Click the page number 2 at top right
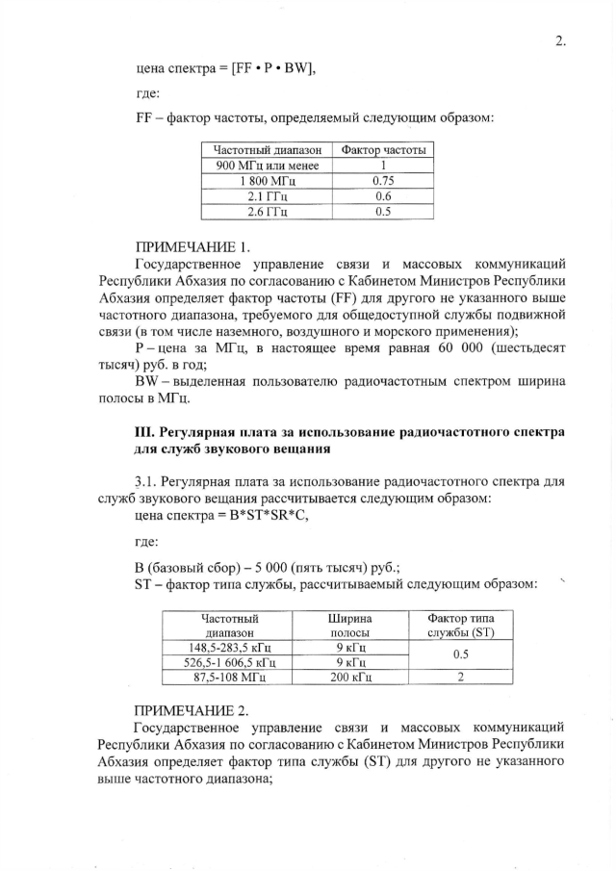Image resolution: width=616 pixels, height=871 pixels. (560, 40)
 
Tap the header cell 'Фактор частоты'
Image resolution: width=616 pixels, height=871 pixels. (381, 150)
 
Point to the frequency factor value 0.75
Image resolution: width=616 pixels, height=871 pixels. (381, 181)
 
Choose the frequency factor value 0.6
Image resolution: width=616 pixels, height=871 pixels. (381, 196)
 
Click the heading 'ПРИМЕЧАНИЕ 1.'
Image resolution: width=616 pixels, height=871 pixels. (192, 246)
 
